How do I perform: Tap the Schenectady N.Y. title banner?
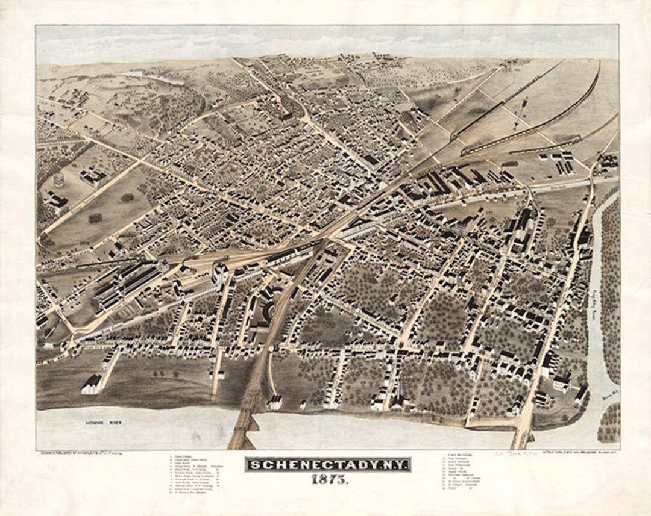click(327, 465)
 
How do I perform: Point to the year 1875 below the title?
click(327, 480)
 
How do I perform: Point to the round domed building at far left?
click(58, 179)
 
